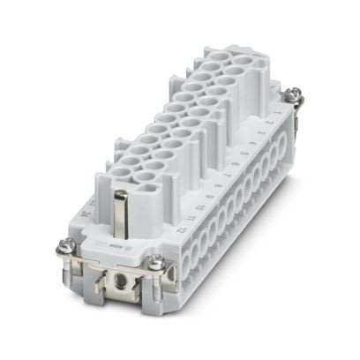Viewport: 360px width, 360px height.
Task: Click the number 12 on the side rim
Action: [x=180, y=229]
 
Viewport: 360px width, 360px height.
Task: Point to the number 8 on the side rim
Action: [x=220, y=186]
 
